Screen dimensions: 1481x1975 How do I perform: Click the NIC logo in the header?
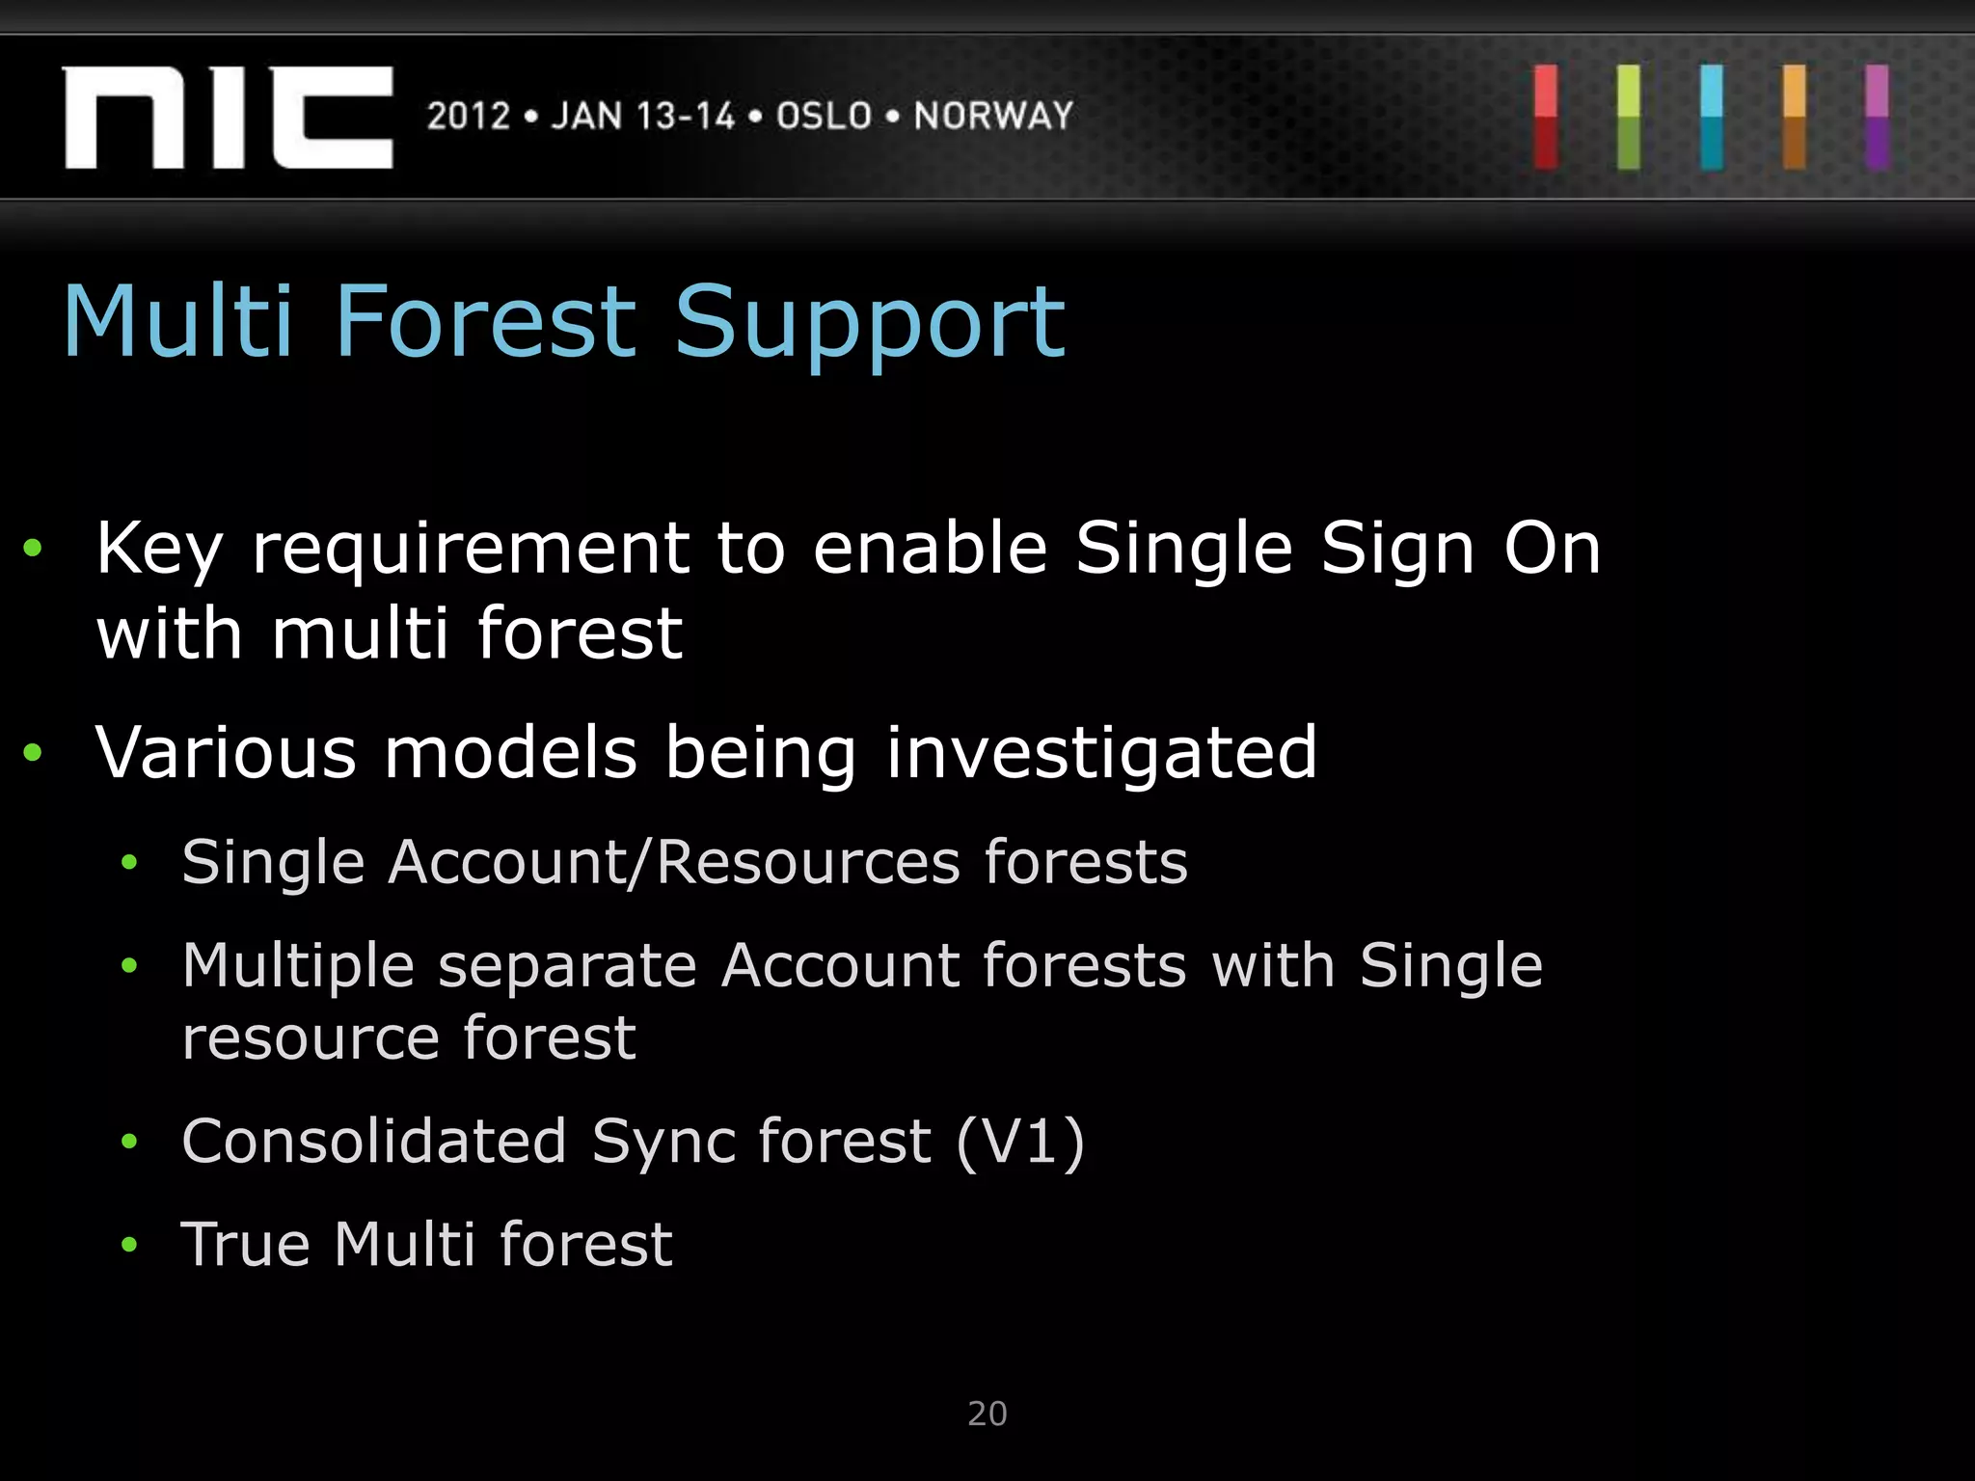click(x=228, y=118)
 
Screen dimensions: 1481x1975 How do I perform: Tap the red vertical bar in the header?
click(x=1546, y=117)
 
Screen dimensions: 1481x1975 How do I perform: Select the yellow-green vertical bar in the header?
click(x=1629, y=117)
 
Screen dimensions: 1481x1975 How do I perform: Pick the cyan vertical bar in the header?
click(x=1712, y=117)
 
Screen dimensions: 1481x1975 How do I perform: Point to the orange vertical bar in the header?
click(x=1795, y=117)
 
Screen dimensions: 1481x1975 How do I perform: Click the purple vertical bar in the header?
click(x=1877, y=117)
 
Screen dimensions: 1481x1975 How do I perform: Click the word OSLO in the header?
click(x=825, y=117)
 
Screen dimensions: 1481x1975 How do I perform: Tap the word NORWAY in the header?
click(x=993, y=117)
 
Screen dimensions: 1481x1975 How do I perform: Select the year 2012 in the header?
click(x=469, y=117)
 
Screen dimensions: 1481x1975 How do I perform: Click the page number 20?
click(x=987, y=1414)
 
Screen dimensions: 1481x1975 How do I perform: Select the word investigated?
click(x=1100, y=754)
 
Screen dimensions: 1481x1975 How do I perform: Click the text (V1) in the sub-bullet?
click(x=1020, y=1143)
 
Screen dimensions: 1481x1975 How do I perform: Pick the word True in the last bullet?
click(x=245, y=1244)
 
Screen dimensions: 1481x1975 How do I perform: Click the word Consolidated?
click(x=374, y=1142)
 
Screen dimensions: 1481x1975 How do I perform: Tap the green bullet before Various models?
click(x=33, y=752)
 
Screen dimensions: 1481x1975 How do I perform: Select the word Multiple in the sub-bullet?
click(x=297, y=966)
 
